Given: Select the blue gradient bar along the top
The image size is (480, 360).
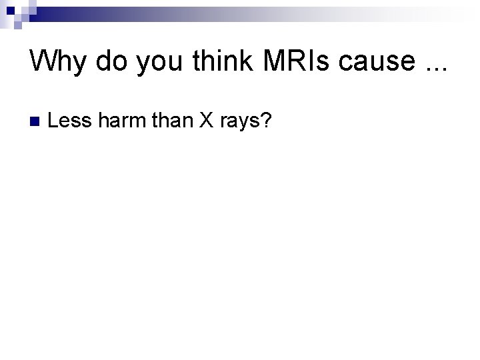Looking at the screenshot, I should tap(200, 13).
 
